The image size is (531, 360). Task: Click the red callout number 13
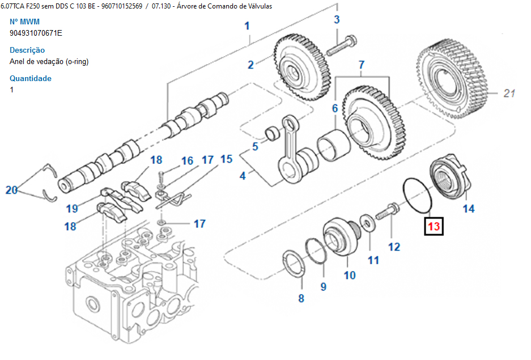(434, 227)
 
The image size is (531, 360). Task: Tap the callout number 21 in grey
(509, 94)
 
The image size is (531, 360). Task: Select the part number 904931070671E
(36, 33)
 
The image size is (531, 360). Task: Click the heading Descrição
(27, 50)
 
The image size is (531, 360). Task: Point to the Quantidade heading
(31, 78)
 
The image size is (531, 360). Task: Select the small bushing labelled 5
(274, 134)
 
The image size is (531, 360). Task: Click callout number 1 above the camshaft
(247, 26)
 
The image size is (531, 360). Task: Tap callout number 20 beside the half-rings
(12, 190)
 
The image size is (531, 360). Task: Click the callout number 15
(226, 159)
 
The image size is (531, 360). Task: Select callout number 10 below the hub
(350, 276)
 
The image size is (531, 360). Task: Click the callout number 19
(71, 209)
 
